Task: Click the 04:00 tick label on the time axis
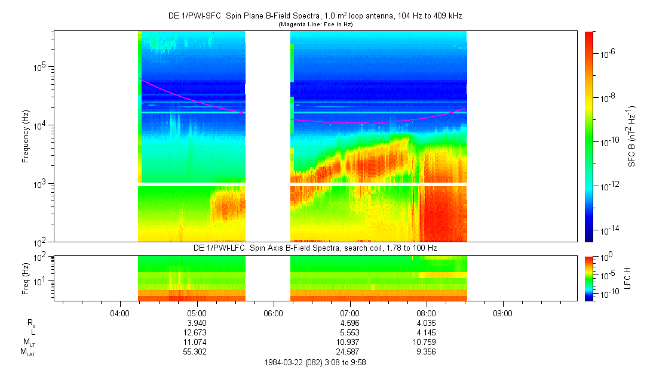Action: click(x=120, y=313)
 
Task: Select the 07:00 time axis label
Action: click(x=349, y=313)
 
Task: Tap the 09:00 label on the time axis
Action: click(x=502, y=313)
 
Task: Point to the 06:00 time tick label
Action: click(x=273, y=313)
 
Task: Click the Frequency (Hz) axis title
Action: click(x=26, y=136)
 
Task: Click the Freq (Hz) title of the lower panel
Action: click(x=26, y=277)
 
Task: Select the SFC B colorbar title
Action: click(x=631, y=136)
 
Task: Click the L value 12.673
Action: click(x=197, y=332)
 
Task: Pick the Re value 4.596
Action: click(x=349, y=323)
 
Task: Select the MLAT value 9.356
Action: click(x=426, y=351)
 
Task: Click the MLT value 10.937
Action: click(x=349, y=342)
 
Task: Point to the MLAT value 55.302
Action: click(x=197, y=351)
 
